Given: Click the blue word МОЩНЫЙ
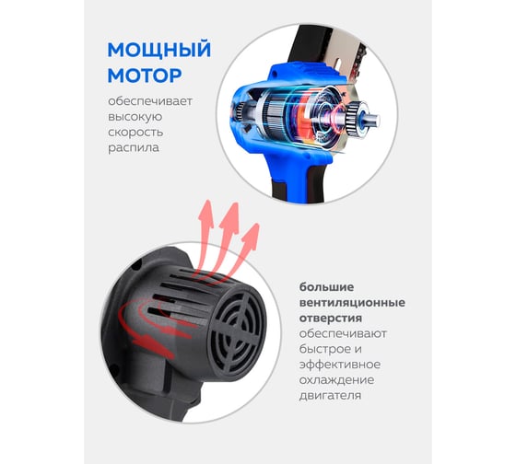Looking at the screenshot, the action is coord(158,51).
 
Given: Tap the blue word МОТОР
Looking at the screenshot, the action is coord(145,75).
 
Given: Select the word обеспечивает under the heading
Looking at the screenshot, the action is coord(150,101).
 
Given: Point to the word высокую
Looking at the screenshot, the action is coord(135,117).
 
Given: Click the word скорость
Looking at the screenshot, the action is coord(135,133).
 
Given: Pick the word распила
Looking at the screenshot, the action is coord(134,148).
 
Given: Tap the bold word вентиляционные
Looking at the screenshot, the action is coord(352,303).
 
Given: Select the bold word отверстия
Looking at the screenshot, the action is coord(331,319).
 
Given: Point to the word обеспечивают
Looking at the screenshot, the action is coord(343,334).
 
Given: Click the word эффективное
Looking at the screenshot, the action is coord(340,365).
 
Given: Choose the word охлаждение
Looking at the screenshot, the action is coord(336,380).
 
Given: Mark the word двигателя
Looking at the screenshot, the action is coord(330,396).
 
